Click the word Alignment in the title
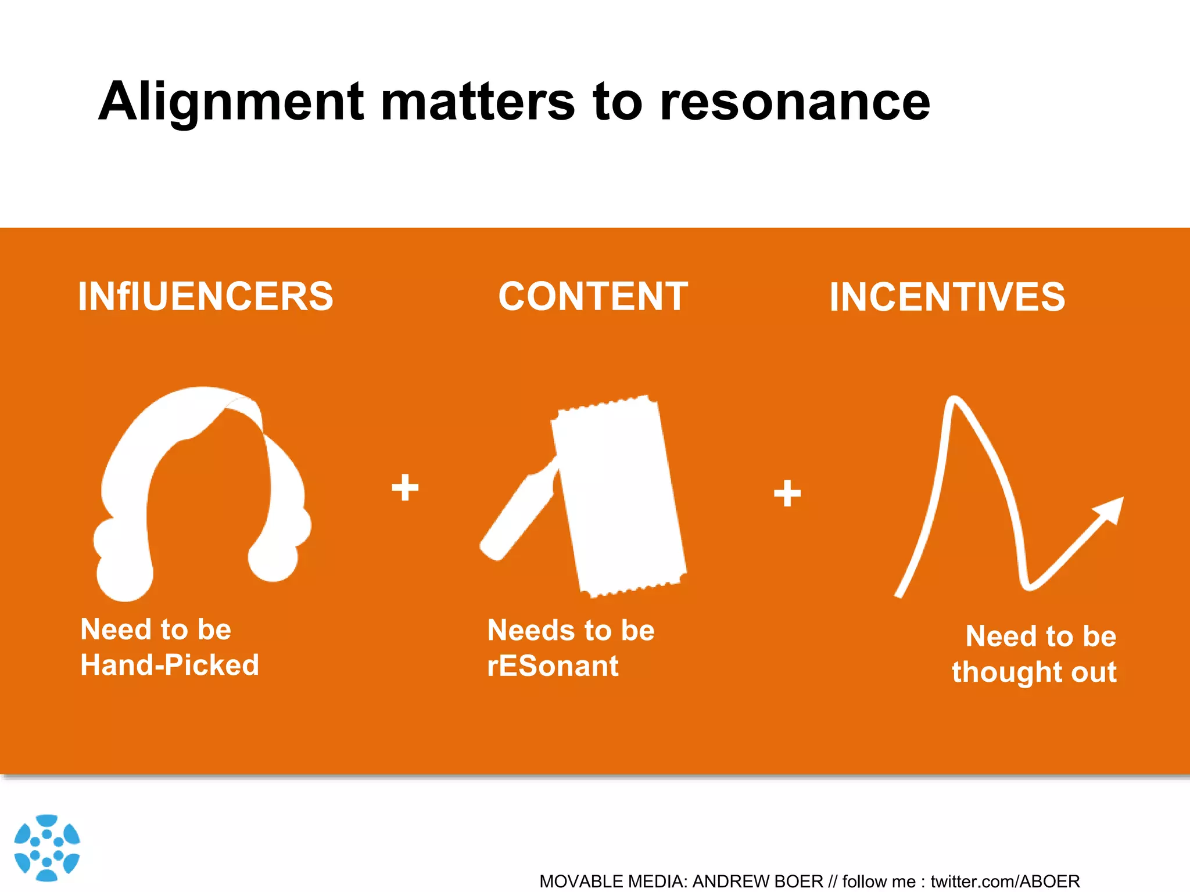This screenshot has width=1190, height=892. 231,102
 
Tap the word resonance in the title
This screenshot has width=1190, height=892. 794,102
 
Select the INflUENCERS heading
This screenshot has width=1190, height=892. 206,297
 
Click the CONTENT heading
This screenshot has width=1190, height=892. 593,297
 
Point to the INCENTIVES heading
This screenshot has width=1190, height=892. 947,297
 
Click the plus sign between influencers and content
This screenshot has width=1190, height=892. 405,487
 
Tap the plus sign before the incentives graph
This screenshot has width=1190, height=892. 787,494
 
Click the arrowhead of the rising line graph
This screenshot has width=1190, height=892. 1111,509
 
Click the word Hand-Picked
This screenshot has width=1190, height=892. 170,665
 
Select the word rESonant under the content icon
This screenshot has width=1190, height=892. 553,666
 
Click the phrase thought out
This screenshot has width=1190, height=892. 1034,672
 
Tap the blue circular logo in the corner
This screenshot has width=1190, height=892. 46,847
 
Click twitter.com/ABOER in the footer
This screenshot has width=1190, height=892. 1005,882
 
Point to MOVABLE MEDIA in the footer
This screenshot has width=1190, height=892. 612,882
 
